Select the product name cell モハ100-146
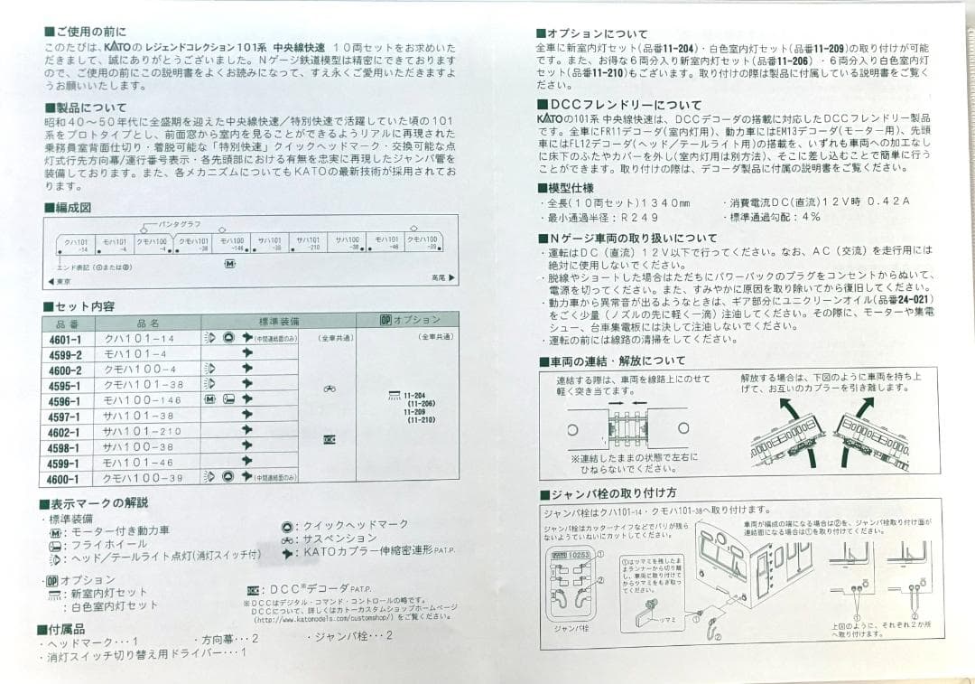142,400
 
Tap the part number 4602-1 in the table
66,432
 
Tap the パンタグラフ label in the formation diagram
181,223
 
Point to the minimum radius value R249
636,218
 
